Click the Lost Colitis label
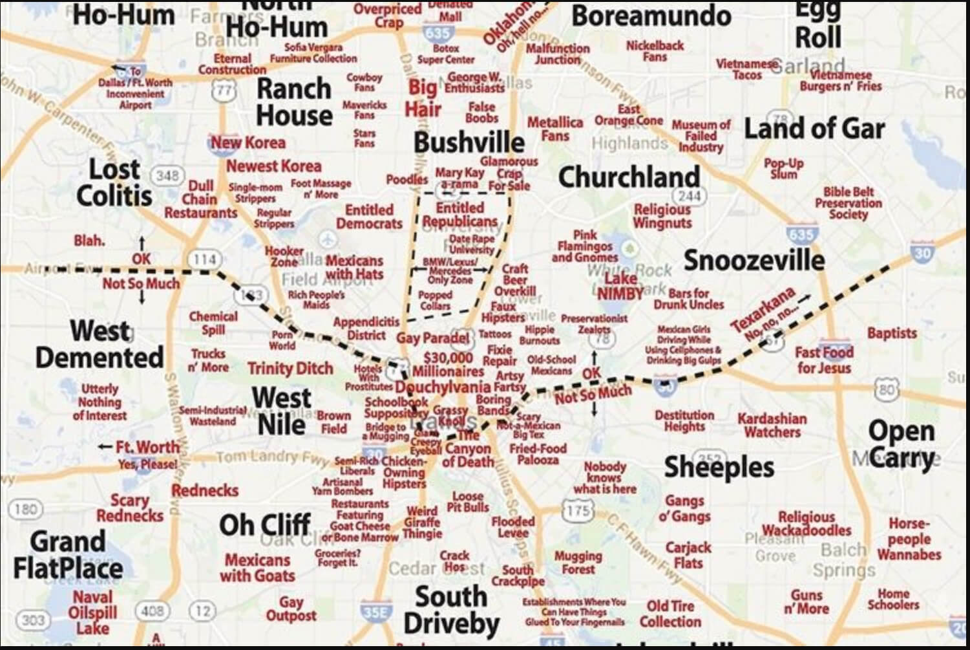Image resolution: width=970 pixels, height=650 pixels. click(x=114, y=182)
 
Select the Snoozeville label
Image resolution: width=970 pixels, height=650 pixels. click(x=754, y=260)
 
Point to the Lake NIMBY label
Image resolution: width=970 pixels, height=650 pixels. click(x=620, y=286)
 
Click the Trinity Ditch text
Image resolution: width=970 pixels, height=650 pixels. click(x=290, y=369)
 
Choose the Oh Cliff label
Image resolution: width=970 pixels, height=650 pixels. click(x=265, y=525)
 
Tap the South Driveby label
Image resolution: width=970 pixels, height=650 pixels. click(x=451, y=610)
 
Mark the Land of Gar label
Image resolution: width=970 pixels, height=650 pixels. click(x=814, y=129)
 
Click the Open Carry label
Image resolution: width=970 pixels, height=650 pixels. click(x=901, y=444)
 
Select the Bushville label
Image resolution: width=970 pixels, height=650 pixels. click(x=469, y=142)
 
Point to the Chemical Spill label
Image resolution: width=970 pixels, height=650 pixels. click(x=213, y=323)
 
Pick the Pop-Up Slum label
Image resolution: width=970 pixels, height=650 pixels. click(x=783, y=168)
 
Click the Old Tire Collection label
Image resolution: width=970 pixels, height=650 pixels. click(x=670, y=614)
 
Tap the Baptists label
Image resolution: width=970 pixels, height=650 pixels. click(x=892, y=333)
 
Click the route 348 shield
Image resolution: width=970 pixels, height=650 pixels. click(x=167, y=175)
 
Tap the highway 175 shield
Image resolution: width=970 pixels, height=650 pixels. click(x=576, y=510)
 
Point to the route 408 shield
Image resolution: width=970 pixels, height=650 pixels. click(x=153, y=610)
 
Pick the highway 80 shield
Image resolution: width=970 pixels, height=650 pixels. click(x=887, y=389)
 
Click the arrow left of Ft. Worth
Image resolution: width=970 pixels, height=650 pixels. click(x=105, y=447)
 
